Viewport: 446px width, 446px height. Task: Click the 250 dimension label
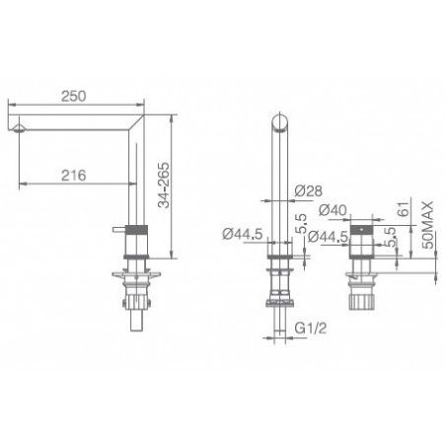74,96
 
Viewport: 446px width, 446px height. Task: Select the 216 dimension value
74,176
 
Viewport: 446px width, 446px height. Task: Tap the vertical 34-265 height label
164,186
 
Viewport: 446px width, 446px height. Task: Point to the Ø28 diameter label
308,190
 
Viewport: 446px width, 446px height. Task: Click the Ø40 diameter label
333,210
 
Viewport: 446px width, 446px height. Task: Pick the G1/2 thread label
311,328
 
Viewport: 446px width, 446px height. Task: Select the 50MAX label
428,225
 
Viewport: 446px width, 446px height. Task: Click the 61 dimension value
405,208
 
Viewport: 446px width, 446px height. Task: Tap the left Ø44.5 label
243,234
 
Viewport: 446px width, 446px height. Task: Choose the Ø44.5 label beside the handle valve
328,237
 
